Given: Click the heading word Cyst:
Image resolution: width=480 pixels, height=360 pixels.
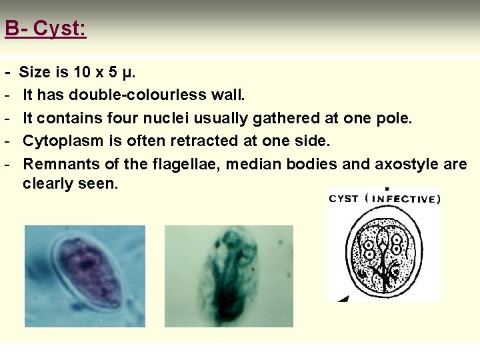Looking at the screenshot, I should (x=59, y=29).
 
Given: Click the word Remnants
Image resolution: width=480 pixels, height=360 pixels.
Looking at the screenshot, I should (x=57, y=164).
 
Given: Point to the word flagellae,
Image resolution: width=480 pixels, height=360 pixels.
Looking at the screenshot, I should (x=181, y=164).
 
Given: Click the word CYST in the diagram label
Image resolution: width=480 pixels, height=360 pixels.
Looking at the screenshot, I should (x=344, y=198).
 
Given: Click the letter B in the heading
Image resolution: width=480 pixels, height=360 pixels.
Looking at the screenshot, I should (x=11, y=29).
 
